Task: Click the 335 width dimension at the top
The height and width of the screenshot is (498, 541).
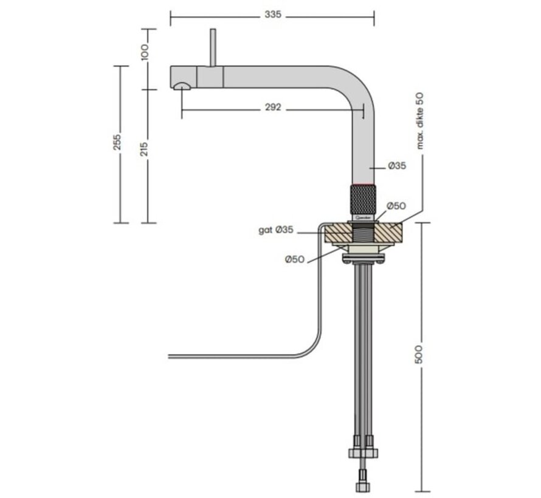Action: [x=273, y=15]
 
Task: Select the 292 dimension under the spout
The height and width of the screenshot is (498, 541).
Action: [x=273, y=107]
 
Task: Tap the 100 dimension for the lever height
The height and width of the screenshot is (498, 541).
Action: [x=144, y=52]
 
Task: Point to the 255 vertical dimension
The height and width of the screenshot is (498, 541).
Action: [x=118, y=142]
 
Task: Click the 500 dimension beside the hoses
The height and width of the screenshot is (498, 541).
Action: [x=419, y=354]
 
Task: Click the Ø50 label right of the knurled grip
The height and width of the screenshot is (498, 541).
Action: [x=396, y=206]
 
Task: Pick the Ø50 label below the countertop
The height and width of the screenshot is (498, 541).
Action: [x=295, y=259]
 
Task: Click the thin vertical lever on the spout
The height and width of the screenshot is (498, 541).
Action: [x=213, y=47]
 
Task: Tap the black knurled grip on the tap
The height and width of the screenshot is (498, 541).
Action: [x=364, y=199]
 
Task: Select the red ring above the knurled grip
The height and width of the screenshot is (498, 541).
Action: [x=364, y=183]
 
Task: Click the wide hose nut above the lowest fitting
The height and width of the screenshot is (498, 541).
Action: [x=362, y=453]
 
